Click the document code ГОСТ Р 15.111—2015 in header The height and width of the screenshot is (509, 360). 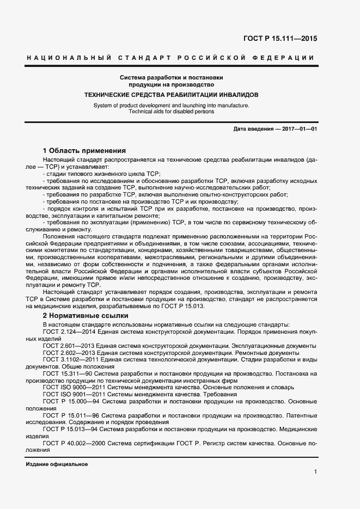(279, 39)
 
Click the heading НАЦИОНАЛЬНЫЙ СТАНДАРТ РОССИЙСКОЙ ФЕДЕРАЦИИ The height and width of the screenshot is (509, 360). (170, 58)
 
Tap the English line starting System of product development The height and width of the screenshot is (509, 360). (171, 105)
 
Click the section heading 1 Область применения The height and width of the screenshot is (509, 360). (84, 150)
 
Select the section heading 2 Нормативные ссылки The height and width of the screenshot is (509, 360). (86, 315)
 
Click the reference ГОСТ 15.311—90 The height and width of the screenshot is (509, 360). (70, 373)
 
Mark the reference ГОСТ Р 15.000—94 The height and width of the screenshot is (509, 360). (72, 401)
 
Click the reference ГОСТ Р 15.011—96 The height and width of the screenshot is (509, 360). (72, 415)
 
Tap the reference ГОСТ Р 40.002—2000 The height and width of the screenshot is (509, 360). (74, 443)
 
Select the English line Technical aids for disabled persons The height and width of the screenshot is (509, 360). (171, 111)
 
